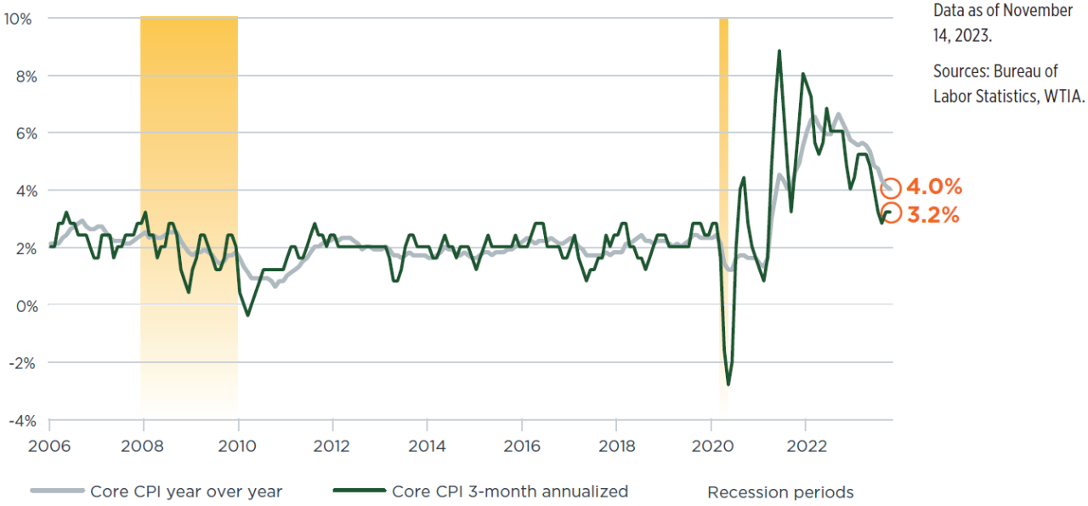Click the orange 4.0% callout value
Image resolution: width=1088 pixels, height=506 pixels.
click(x=934, y=188)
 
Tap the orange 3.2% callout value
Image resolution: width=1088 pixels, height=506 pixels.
click(x=933, y=215)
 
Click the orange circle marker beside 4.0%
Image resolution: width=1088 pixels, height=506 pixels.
click(x=891, y=189)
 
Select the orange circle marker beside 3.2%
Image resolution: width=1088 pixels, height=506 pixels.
click(x=891, y=213)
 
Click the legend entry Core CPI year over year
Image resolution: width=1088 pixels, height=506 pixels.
click(x=185, y=492)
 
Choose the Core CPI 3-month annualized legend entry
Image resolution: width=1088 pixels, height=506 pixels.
click(x=509, y=492)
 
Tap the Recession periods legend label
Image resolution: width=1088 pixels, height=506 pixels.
click(x=780, y=492)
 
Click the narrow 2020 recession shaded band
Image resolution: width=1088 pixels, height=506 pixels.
click(x=723, y=170)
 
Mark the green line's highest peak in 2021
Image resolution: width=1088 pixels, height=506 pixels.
click(x=779, y=51)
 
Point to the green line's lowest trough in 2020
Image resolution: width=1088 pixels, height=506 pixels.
click(x=728, y=384)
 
